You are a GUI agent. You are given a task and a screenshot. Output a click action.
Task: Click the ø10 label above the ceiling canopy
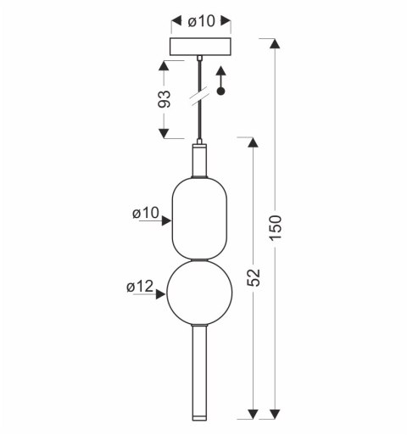[x=202, y=21]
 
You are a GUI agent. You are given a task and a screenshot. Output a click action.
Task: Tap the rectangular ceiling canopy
[x=201, y=47]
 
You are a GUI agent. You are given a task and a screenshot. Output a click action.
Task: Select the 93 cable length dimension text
[x=164, y=99]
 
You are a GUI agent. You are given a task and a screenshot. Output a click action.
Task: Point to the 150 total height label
[x=276, y=228]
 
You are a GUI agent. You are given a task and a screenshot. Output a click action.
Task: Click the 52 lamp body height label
[x=254, y=277]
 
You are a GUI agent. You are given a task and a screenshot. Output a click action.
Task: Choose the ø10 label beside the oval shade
[x=146, y=213]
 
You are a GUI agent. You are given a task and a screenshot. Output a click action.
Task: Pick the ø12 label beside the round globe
[x=140, y=287]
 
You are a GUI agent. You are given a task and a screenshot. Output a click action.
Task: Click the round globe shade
[x=199, y=293]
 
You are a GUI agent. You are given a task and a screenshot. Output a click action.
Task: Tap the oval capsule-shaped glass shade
[x=199, y=218]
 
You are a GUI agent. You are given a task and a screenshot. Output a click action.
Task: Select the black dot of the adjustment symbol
[x=220, y=91]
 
